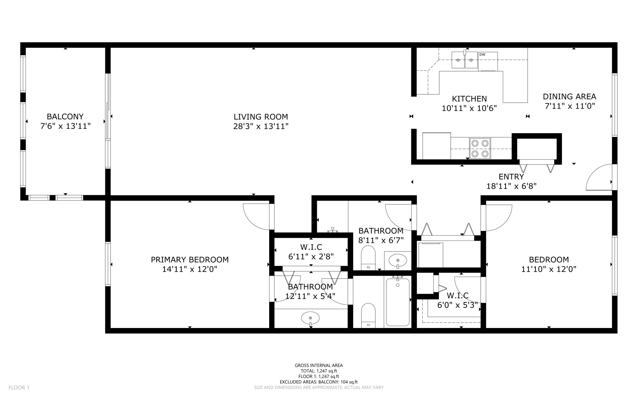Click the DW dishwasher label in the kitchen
[x=482, y=55]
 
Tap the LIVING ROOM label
[x=261, y=117]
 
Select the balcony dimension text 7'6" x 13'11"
[x=65, y=126]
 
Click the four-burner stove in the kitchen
[x=480, y=148]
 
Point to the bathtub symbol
[x=398, y=302]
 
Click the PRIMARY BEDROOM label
[x=190, y=260]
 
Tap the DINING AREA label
[x=569, y=96]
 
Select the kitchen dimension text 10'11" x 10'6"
[x=469, y=108]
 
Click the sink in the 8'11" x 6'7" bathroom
[x=398, y=260]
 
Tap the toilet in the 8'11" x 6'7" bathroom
[x=368, y=258]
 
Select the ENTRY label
[x=511, y=177]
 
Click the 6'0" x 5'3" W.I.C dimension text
[x=457, y=305]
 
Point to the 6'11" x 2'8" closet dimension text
[x=311, y=257]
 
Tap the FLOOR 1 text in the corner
[x=19, y=388]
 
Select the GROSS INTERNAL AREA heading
[x=319, y=366]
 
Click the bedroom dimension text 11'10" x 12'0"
[x=549, y=269]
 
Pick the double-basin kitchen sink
[x=464, y=60]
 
